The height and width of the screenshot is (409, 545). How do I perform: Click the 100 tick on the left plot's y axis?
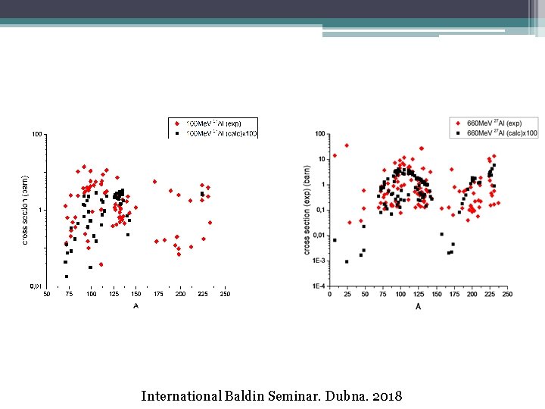pyautogui.click(x=36, y=135)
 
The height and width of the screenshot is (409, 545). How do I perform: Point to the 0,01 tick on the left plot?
pyautogui.click(x=36, y=286)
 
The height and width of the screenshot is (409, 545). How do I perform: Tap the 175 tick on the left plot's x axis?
pyautogui.click(x=158, y=295)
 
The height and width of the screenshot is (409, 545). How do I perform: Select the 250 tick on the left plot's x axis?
pyautogui.click(x=225, y=295)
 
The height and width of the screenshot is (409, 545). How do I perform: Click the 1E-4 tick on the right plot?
pyautogui.click(x=319, y=286)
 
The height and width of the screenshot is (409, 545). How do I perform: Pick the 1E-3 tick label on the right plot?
pyautogui.click(x=319, y=261)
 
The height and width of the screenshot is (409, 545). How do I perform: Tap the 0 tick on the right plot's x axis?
pyautogui.click(x=330, y=295)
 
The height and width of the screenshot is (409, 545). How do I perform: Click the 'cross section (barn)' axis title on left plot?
pyautogui.click(x=25, y=210)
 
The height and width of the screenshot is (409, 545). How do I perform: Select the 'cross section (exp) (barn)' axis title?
pyautogui.click(x=307, y=210)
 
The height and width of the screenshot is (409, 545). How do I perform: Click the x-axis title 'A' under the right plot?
pyautogui.click(x=418, y=306)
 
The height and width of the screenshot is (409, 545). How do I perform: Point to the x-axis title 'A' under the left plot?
pyautogui.click(x=135, y=306)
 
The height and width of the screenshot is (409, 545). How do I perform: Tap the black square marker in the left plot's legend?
pyautogui.click(x=176, y=133)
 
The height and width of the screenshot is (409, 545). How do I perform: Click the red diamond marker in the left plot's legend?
pyautogui.click(x=176, y=123)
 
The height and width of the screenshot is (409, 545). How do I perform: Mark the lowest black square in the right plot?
pyautogui.click(x=347, y=261)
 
